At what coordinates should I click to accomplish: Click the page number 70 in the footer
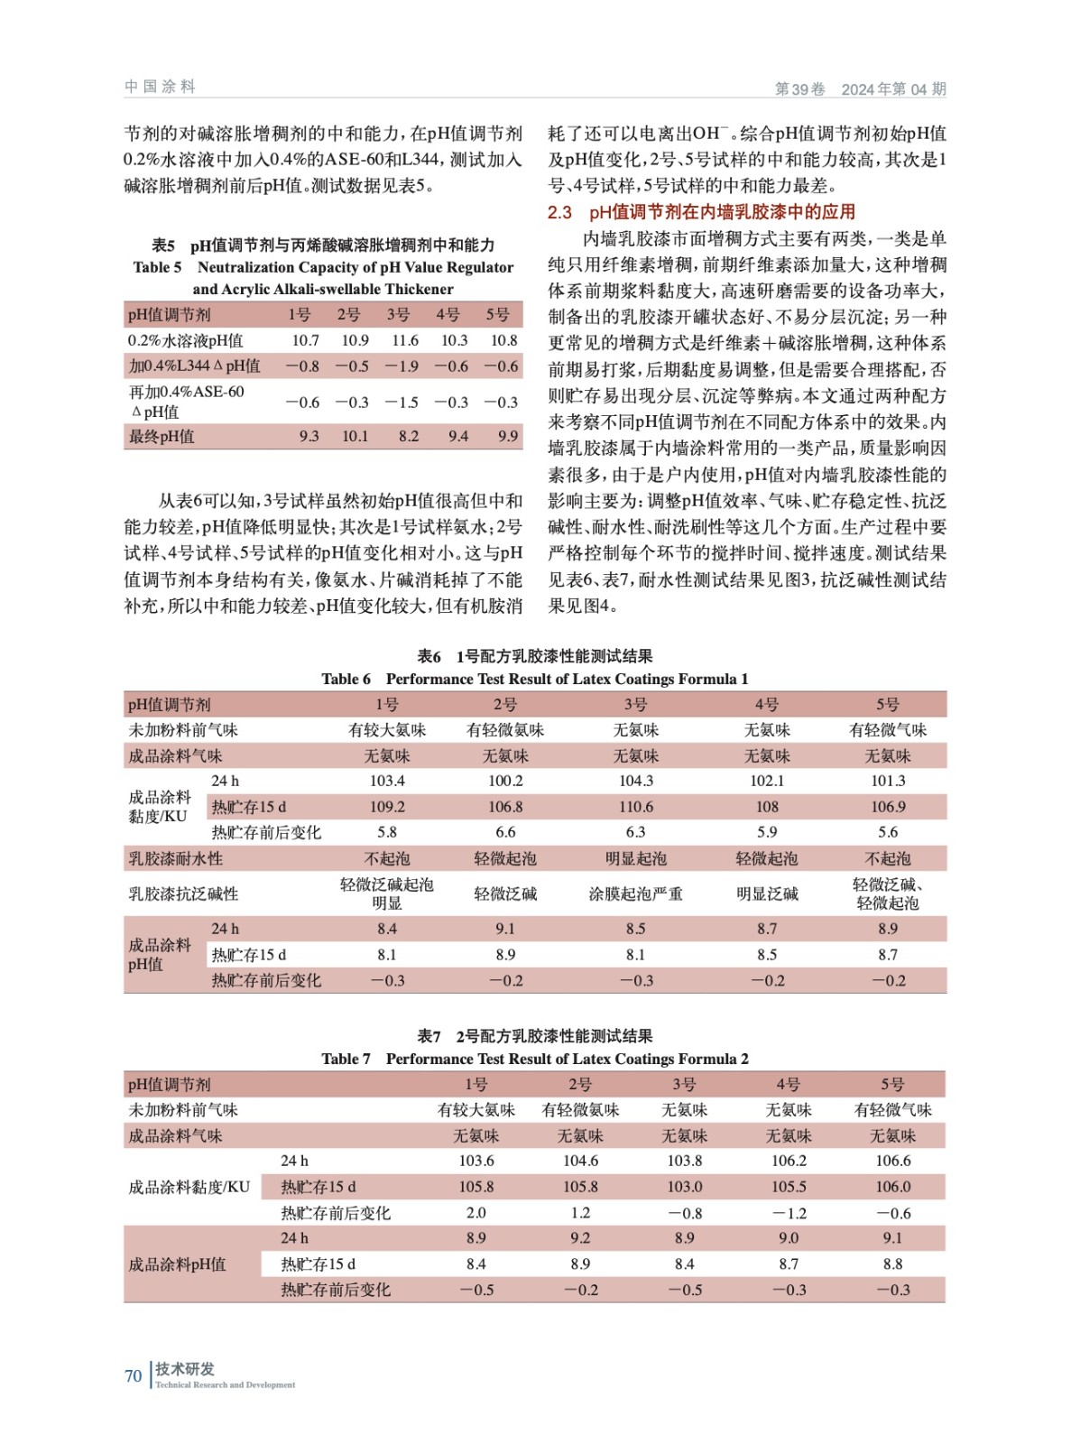pos(133,1375)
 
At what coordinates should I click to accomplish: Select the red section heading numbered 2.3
pos(701,212)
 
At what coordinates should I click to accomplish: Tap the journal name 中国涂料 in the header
pos(160,87)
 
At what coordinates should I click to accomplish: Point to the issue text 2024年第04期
pos(893,88)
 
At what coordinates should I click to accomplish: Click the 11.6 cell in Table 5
pos(404,340)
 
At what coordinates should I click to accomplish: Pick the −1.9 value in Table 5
pos(402,366)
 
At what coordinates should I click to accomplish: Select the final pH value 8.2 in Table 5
pos(408,436)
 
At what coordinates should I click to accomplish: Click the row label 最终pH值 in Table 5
pos(162,436)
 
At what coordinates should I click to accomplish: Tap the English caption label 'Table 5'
pos(157,267)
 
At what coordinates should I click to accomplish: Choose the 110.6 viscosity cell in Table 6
pos(635,806)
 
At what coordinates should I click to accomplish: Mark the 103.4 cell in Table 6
pos(386,781)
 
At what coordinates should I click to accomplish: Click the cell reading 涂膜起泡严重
pos(635,893)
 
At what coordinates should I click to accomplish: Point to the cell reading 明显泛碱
pos(766,893)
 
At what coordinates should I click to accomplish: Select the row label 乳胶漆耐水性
pos(175,858)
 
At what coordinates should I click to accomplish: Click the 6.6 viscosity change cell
pos(504,832)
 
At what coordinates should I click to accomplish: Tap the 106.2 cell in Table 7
pos(788,1161)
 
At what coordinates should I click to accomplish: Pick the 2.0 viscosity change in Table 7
pos(475,1213)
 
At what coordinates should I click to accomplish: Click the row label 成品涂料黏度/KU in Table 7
pos(189,1187)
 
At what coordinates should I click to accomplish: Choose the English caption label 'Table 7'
pos(346,1059)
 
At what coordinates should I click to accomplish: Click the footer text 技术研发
pos(185,1368)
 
